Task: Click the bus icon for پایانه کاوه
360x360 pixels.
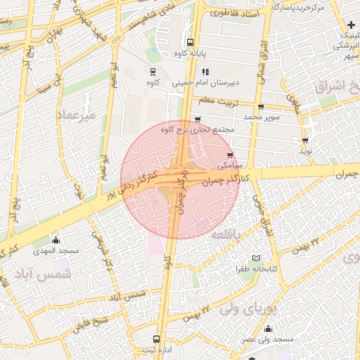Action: click(191, 42)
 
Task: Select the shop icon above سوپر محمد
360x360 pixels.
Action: click(261, 108)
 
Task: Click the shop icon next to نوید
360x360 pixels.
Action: click(304, 141)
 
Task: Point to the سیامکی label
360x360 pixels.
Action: click(229, 167)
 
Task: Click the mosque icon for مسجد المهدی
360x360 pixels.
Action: click(56, 240)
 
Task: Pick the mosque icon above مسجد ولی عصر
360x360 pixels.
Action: click(267, 328)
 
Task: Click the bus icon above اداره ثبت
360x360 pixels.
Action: click(156, 339)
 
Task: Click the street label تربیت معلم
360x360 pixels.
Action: click(216, 101)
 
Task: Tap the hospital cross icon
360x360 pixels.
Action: click(351, 25)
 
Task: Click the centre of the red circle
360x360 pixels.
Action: click(180, 179)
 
